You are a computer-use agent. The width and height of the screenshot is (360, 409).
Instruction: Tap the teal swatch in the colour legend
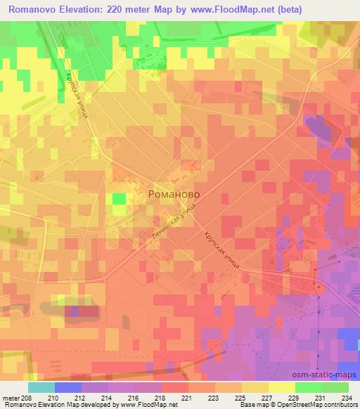click(41, 387)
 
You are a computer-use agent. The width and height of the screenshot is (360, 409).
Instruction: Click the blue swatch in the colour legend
click(67, 387)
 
